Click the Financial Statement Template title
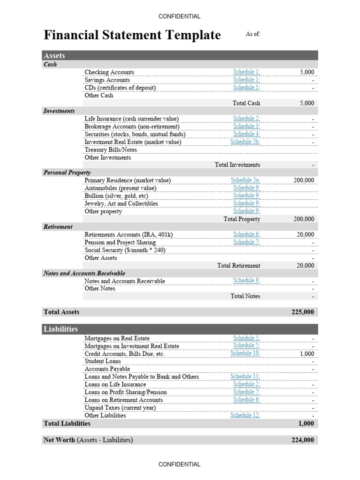point(132,35)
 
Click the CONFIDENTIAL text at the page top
point(180,16)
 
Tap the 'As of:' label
point(253,34)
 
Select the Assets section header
point(54,56)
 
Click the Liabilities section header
point(60,329)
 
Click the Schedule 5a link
point(245,180)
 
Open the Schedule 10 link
point(245,353)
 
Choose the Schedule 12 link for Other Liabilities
point(245,415)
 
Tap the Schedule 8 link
point(247,280)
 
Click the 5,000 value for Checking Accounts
point(307,72)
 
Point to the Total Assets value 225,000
point(303,312)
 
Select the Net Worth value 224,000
point(303,440)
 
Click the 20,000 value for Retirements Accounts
point(306,234)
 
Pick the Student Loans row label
point(103,361)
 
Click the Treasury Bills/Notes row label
point(111,150)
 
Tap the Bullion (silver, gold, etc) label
point(116,196)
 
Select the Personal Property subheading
point(67,172)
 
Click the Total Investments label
point(237,165)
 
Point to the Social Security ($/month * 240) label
point(125,250)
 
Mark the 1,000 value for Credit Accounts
point(307,354)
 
